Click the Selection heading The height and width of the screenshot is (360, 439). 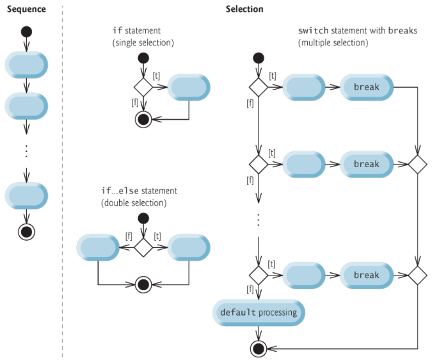coord(244,10)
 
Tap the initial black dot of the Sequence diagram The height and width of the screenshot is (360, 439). coord(26,31)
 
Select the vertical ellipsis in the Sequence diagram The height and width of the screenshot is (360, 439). coord(26,151)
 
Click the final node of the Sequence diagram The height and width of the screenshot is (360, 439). coord(26,232)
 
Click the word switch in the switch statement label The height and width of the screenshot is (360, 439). coord(311,31)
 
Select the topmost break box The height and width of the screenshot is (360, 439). coord(366,87)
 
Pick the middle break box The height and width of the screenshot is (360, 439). coord(366,164)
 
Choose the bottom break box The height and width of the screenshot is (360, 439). coord(366,275)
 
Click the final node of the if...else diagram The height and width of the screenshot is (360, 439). coord(143,283)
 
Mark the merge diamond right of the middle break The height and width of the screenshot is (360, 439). coord(417,164)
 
